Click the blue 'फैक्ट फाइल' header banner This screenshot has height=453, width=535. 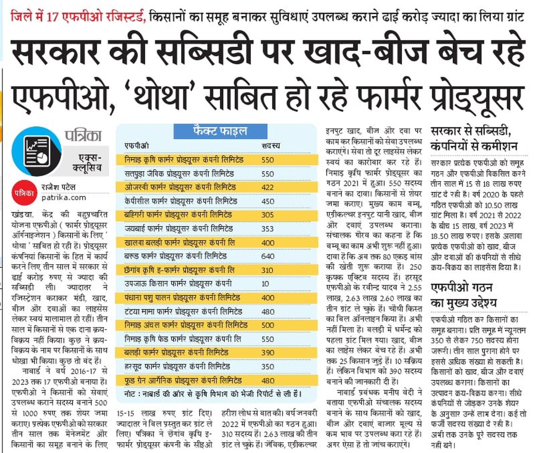pyautogui.click(x=220, y=131)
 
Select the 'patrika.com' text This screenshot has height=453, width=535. pyautogui.click(x=64, y=198)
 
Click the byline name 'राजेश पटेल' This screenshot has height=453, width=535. pyautogui.click(x=58, y=187)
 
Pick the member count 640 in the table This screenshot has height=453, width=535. pyautogui.click(x=267, y=256)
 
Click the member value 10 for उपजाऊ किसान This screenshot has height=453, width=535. pyautogui.click(x=265, y=284)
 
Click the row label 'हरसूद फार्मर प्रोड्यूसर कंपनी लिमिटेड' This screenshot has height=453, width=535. pyautogui.click(x=177, y=366)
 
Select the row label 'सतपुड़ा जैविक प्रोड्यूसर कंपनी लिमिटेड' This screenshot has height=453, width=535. pyautogui.click(x=179, y=174)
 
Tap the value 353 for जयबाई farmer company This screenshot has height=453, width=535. pyautogui.click(x=267, y=229)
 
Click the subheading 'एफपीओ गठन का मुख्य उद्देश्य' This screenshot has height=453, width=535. pyautogui.click(x=463, y=295)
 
